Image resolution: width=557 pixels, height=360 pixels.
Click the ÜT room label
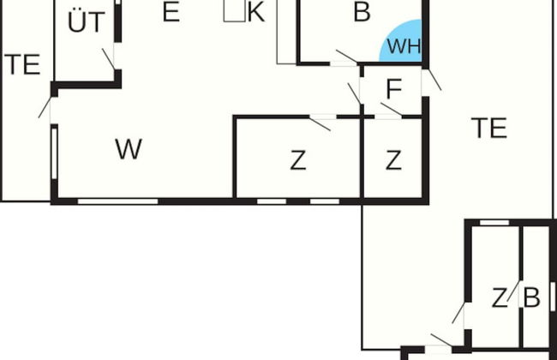click(x=87, y=21)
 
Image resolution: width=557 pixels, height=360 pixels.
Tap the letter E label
click(x=171, y=12)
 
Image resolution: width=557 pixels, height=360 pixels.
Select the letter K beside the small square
click(x=256, y=12)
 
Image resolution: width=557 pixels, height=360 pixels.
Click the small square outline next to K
click(x=235, y=10)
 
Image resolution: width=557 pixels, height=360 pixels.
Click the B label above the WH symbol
click(x=362, y=12)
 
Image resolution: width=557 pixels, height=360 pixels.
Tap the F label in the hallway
click(x=394, y=89)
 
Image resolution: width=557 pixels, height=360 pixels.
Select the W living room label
click(x=129, y=149)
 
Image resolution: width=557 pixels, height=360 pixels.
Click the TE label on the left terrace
click(x=22, y=64)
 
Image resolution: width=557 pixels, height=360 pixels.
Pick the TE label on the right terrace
click(x=489, y=128)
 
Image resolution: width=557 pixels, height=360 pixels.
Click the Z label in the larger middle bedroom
click(x=298, y=160)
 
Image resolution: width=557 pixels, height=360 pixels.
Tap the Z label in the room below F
click(x=393, y=160)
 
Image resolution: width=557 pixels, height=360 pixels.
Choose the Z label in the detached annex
click(x=500, y=297)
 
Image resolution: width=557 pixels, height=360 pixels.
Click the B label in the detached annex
click(x=532, y=297)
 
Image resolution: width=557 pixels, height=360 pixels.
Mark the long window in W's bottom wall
click(x=118, y=201)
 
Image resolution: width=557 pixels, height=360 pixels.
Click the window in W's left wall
click(x=54, y=153)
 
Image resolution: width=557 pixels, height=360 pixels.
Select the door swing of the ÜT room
click(x=109, y=59)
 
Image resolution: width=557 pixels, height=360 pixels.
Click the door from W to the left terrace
click(x=45, y=107)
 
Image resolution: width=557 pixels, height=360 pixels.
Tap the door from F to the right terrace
click(x=432, y=80)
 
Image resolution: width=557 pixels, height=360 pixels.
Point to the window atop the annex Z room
click(x=494, y=223)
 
